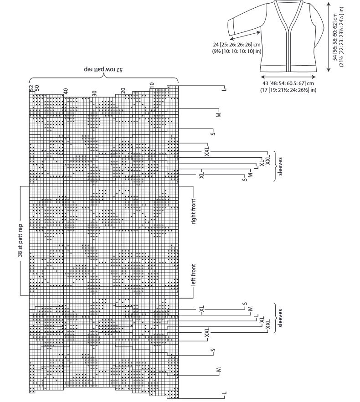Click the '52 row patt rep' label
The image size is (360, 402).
pos(103,69)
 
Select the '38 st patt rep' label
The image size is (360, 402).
pos(21,241)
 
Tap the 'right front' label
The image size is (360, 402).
pos(194,211)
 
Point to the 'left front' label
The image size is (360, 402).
pos(194,275)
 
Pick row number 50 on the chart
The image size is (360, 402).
pos(37,88)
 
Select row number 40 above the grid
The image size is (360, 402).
pos(66,91)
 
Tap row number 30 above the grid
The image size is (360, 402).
pos(94,93)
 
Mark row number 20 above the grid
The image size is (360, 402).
pos(123,91)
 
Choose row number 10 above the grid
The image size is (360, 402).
pos(152,85)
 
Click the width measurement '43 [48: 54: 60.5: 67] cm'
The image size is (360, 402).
pos(288,83)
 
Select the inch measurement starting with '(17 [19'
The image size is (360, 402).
pos(288,90)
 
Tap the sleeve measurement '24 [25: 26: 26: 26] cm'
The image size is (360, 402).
pos(237,45)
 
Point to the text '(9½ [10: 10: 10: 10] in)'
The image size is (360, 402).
pos(237,51)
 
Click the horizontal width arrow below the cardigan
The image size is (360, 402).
pos(288,77)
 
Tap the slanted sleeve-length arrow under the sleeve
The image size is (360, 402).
pos(245,36)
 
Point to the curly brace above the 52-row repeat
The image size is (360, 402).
pos(103,77)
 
